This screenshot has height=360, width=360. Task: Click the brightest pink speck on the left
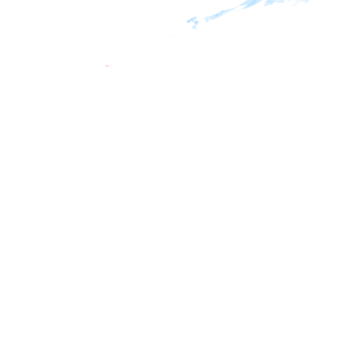click(x=107, y=66)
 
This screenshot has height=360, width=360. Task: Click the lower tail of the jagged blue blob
click(x=194, y=27)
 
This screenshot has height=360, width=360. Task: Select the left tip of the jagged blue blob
click(x=187, y=22)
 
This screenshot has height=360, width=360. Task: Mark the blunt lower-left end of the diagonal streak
click(x=205, y=19)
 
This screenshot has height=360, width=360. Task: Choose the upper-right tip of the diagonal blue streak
click(x=237, y=8)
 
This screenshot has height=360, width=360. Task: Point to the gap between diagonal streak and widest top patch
click(x=239, y=8)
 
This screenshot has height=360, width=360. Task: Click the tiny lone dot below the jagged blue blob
click(x=174, y=36)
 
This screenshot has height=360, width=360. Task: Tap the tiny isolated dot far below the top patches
click(x=279, y=111)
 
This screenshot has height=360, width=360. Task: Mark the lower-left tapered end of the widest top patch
click(x=241, y=8)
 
